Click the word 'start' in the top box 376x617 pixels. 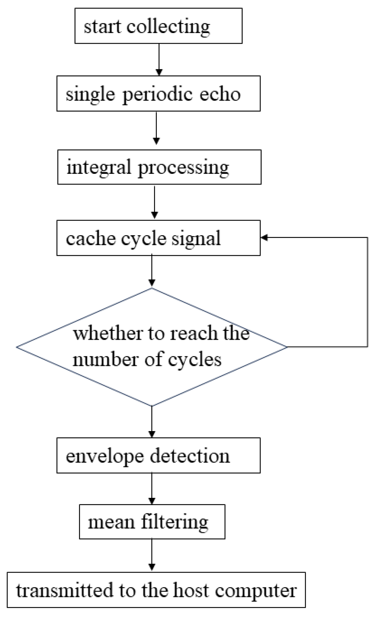103,27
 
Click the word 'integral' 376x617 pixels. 99,168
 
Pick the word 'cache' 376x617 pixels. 90,238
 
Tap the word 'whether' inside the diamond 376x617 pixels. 108,333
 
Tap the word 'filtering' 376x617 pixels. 174,522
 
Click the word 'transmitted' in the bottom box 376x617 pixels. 64,590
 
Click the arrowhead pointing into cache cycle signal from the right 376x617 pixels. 264,237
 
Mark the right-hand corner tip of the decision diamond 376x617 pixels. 286,347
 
